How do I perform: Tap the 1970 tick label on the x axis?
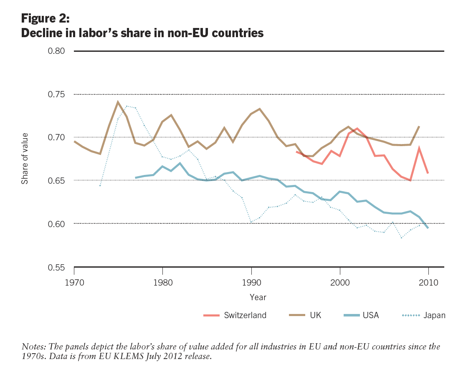coord(74,282)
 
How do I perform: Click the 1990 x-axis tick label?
coord(251,282)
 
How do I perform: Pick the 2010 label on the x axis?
coord(428,282)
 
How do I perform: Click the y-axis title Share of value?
coord(25,158)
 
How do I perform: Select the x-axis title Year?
coord(258,297)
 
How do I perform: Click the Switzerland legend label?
coord(245,315)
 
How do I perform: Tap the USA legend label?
coord(371,315)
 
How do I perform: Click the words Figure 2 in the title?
coord(45,19)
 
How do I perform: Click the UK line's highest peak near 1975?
coord(118,101)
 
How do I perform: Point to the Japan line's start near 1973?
coord(100,185)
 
